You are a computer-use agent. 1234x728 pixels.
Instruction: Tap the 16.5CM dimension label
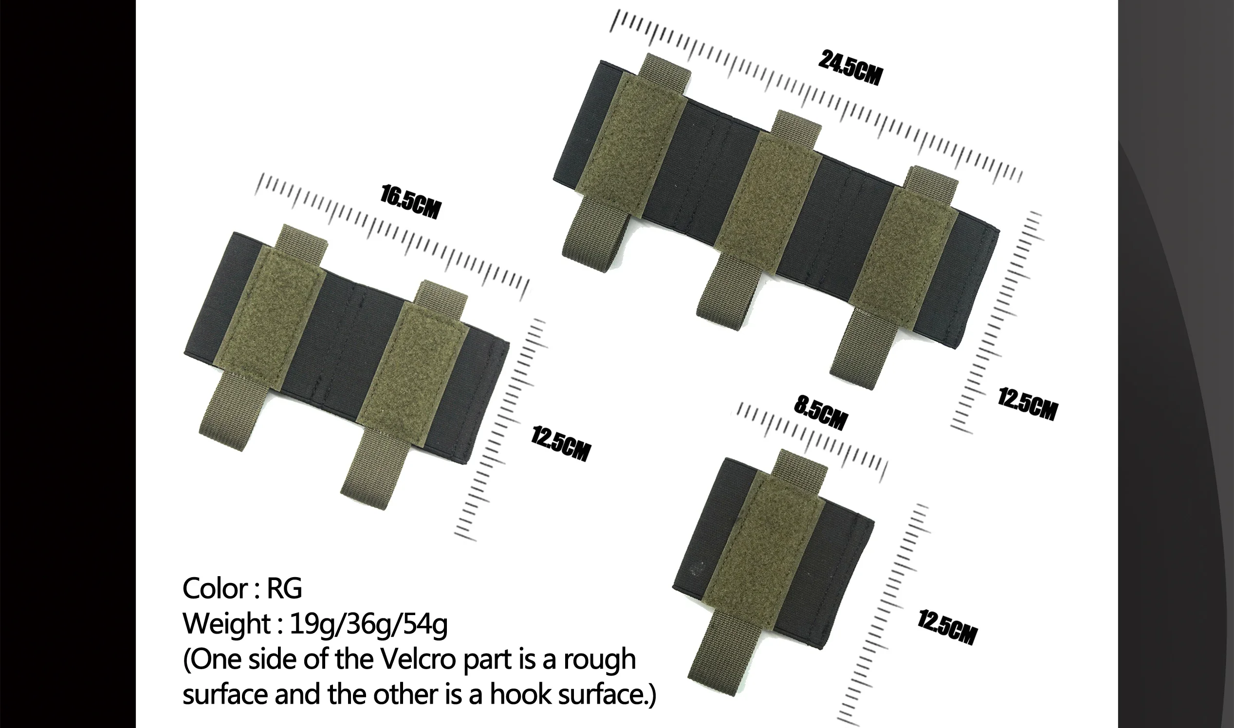411,201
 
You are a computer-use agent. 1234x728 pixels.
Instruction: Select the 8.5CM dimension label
821,414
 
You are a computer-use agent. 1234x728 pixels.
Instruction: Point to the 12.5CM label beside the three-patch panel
1028,404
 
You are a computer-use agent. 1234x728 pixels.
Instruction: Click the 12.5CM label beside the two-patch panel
561,444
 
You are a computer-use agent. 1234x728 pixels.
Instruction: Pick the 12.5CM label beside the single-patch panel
947,627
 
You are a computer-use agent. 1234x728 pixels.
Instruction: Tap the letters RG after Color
284,588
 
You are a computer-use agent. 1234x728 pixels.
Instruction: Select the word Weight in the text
227,623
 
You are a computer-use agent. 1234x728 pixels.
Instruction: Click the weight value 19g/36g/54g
368,624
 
